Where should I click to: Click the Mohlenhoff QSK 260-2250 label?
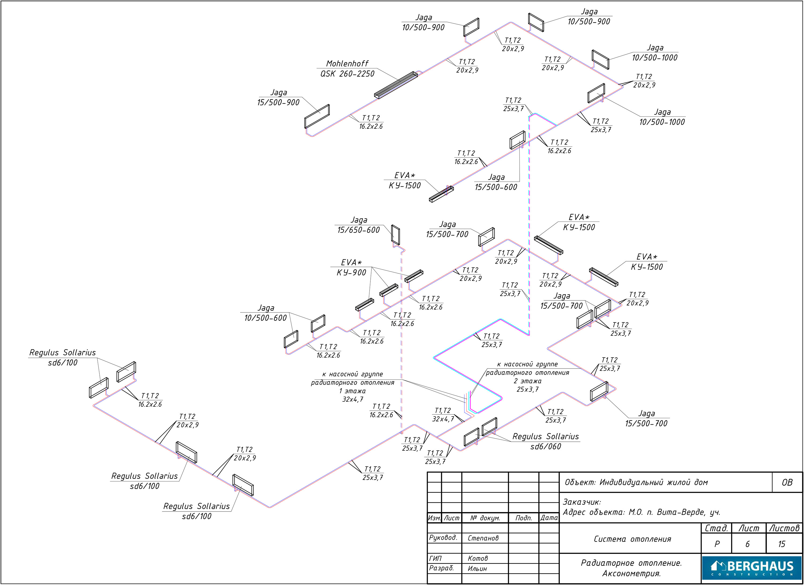pos(347,68)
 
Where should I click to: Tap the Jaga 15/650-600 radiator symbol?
pos(396,234)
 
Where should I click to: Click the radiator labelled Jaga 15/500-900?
pos(317,116)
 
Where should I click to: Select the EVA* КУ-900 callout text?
pos(351,267)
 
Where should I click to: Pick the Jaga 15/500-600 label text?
pos(496,182)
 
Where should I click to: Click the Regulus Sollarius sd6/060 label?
pos(546,441)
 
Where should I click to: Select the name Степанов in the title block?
pos(483,538)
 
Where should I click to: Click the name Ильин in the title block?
pos(477,569)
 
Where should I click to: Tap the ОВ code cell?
pos(787,483)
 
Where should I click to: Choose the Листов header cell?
pos(784,528)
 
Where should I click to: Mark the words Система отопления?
pos(632,539)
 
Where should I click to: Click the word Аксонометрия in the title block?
pos(631,573)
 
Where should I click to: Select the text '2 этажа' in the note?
pos(527,381)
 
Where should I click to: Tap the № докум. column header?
pos(485,518)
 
